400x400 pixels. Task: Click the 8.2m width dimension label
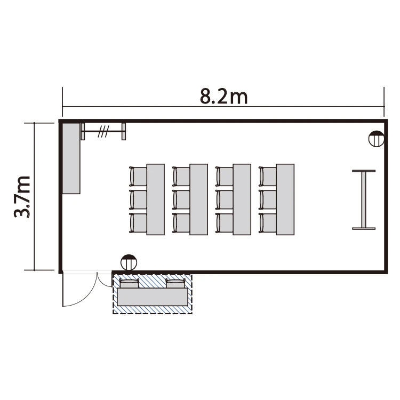[x=223, y=97]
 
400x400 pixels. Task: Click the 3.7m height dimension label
[x=22, y=197]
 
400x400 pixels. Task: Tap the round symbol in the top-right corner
[x=377, y=139]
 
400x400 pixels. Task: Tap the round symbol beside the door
[x=129, y=262]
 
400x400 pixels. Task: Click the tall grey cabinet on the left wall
[x=71, y=158]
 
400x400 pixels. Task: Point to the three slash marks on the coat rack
[x=103, y=131]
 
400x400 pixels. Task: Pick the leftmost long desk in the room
[x=156, y=199]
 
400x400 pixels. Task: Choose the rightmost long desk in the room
[x=285, y=199]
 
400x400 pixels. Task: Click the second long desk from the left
[x=199, y=199]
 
